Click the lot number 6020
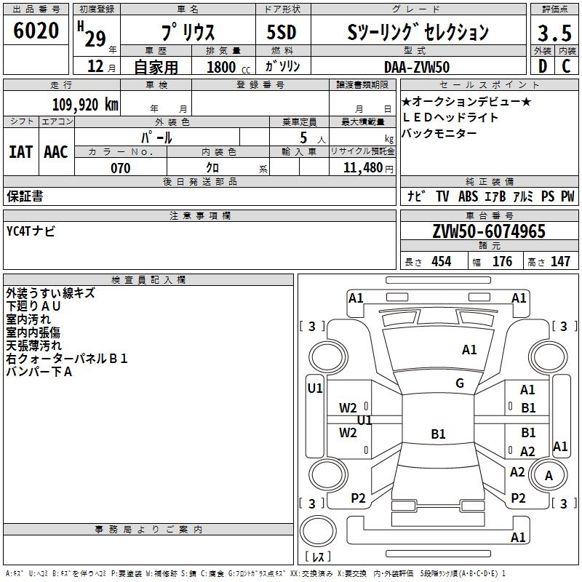pos(36,31)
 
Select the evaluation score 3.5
pos(554,33)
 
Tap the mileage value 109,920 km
pos(85,104)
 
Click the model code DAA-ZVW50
pos(417,66)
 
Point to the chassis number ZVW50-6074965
pos(489,232)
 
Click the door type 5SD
pos(282,32)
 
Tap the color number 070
pos(120,168)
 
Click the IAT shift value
pos(21,152)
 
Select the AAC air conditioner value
pos(56,152)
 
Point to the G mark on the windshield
pos(459,383)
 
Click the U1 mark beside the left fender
pos(315,388)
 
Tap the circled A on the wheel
pos(549,476)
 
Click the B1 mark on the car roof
pos(438,434)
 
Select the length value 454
pos(441,262)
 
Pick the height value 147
pos(560,262)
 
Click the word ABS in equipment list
pos(468,196)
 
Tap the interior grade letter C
pos(566,66)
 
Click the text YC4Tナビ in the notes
pos(31,231)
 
